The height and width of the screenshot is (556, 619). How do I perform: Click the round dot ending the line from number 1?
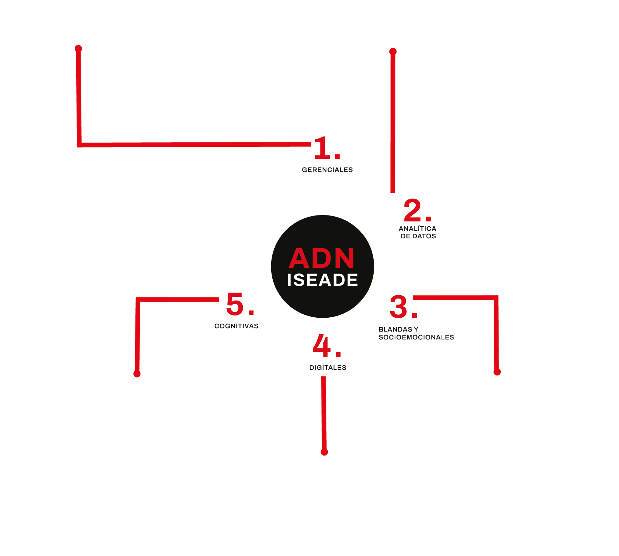click(x=78, y=49)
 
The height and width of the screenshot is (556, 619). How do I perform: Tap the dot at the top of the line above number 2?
click(x=393, y=52)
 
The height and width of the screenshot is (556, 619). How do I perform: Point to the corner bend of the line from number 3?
click(x=496, y=298)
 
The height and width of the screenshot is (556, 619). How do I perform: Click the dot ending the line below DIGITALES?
click(x=325, y=452)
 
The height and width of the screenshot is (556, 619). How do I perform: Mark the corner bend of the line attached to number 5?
click(x=138, y=300)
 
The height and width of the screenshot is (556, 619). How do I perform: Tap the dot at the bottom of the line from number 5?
click(x=137, y=374)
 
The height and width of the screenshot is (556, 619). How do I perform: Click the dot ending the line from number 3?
click(x=497, y=372)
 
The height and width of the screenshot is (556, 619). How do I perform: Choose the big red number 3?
click(x=399, y=307)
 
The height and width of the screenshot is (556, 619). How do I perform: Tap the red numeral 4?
click(x=322, y=345)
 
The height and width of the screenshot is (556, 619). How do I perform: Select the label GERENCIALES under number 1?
click(x=328, y=170)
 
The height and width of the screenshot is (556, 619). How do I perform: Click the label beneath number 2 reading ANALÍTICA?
click(x=418, y=228)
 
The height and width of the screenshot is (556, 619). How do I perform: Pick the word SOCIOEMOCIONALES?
click(x=416, y=337)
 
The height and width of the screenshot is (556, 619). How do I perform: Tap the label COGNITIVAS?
click(x=236, y=326)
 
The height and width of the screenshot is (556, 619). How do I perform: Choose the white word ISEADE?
click(x=323, y=280)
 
